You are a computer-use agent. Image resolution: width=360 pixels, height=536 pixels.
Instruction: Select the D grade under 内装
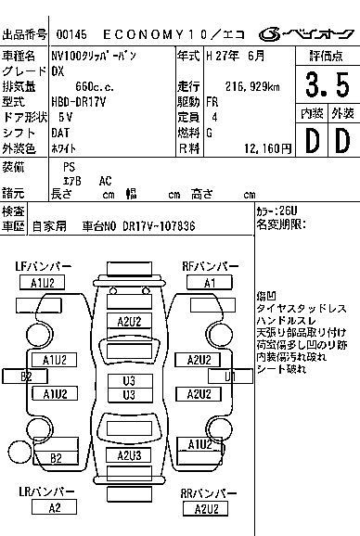pyautogui.click(x=310, y=140)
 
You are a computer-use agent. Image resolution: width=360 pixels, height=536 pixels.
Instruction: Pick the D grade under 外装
pyautogui.click(x=342, y=140)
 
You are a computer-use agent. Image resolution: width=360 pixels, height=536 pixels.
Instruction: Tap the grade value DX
pyautogui.click(x=58, y=70)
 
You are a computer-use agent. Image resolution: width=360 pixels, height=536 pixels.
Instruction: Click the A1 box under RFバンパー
pyautogui.click(x=211, y=283)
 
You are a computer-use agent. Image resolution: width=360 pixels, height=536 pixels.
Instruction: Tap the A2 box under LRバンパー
pyautogui.click(x=55, y=507)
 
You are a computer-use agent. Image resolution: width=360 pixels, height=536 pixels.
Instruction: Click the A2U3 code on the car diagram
pyautogui.click(x=129, y=455)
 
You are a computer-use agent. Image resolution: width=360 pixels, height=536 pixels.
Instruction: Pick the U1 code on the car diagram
pyautogui.click(x=230, y=376)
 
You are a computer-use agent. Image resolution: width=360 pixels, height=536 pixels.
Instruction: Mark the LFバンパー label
pyautogui.click(x=42, y=267)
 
